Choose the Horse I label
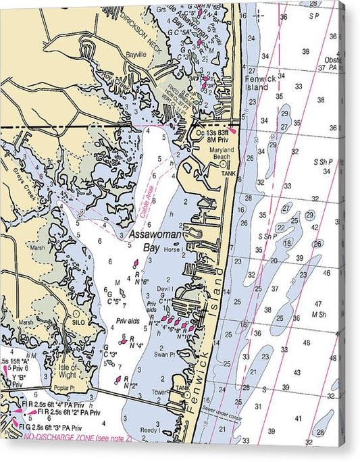pos(172,250)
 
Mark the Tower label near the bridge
pos(159,391)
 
